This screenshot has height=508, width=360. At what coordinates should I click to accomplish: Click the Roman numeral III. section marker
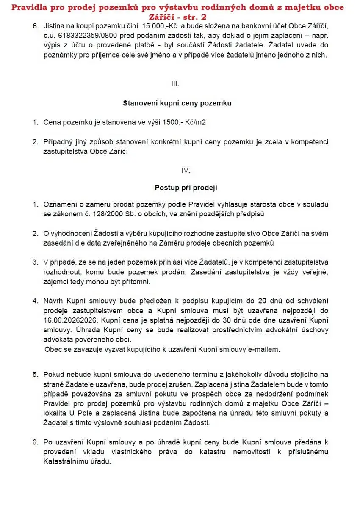175,83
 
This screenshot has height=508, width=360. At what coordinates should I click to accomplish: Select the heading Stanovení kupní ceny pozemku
177,103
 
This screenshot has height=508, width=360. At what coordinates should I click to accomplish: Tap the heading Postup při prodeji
186,188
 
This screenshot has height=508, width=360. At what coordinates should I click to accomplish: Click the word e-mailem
264,349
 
